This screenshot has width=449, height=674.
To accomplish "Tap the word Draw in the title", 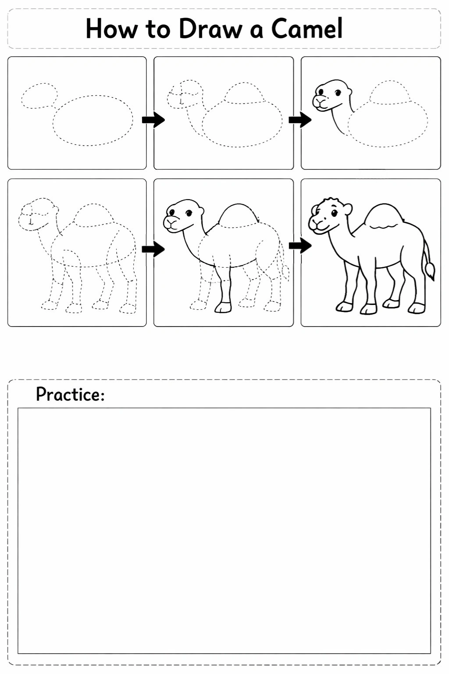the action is [x=210, y=29].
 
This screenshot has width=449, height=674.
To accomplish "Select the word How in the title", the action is [x=112, y=29].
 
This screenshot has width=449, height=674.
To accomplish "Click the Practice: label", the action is [x=70, y=394].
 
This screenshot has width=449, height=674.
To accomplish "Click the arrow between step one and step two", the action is [x=153, y=120].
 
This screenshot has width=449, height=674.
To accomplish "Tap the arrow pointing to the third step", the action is [x=300, y=120].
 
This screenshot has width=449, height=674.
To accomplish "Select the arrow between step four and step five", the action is [x=153, y=249].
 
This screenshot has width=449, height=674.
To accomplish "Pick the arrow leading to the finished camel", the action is [x=300, y=246].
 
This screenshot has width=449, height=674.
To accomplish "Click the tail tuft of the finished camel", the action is [x=430, y=271].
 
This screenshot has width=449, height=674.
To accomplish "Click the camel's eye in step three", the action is [x=338, y=93].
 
